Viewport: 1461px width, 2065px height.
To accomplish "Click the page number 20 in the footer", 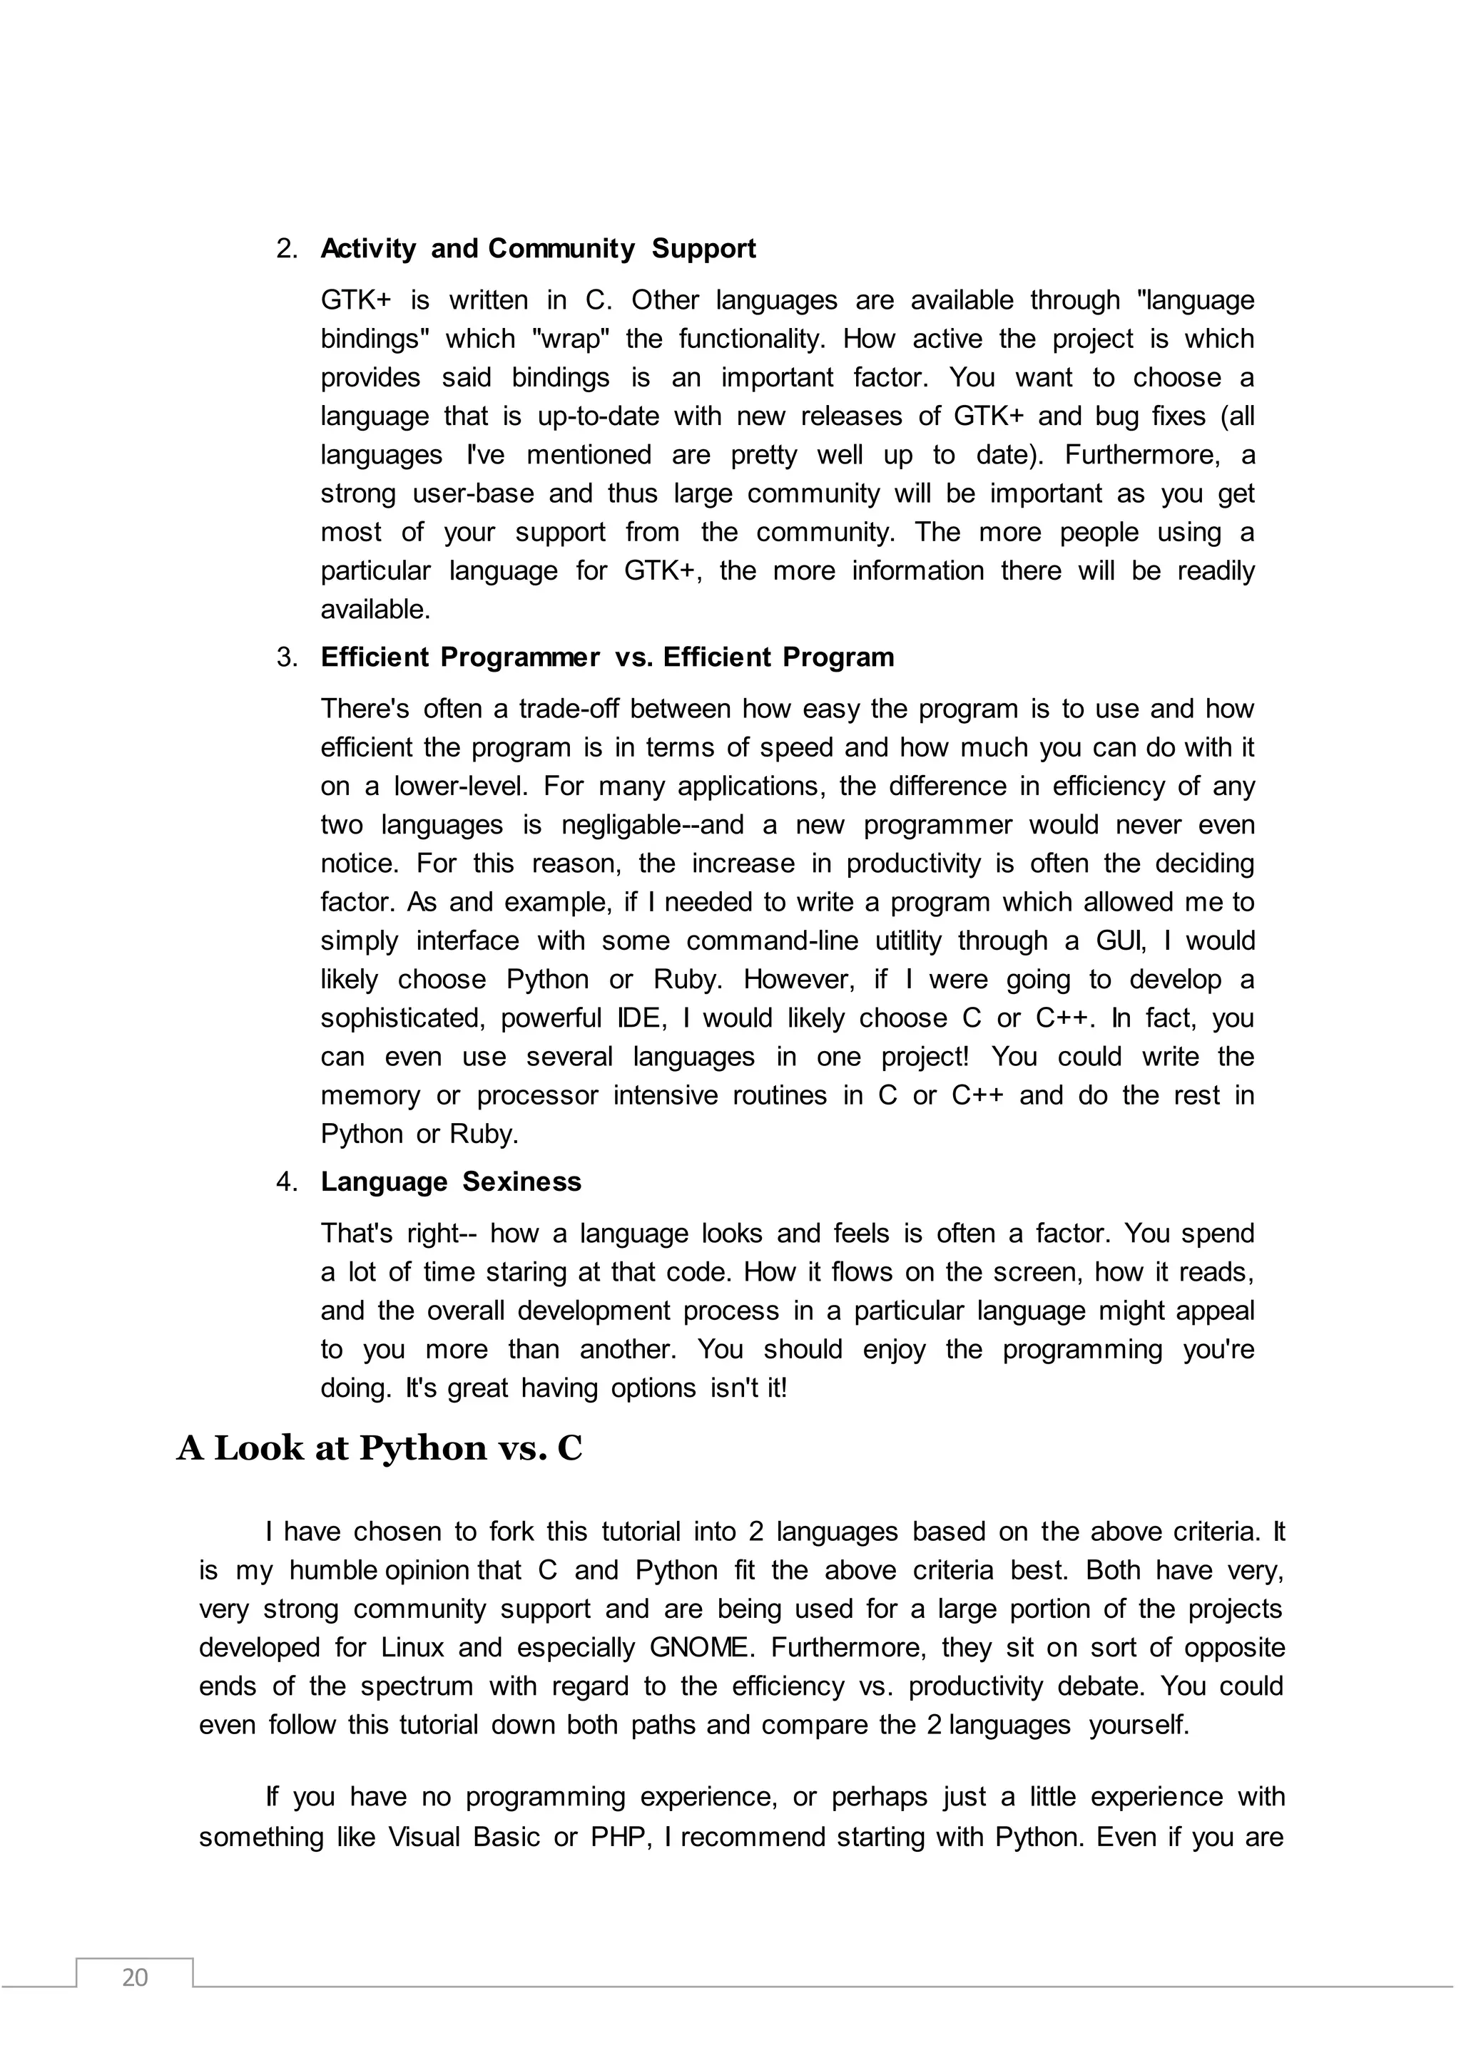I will (134, 1977).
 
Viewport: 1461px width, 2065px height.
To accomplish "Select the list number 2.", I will (287, 249).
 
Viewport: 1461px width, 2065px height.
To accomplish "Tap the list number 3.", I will (287, 657).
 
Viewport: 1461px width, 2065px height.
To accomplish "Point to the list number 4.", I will (287, 1182).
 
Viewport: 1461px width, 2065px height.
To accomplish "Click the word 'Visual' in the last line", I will (424, 1837).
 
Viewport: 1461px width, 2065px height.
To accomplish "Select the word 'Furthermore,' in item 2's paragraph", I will (1143, 455).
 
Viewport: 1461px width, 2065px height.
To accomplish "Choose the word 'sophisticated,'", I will (403, 1018).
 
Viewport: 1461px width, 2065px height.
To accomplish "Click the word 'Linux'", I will (413, 1648).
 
